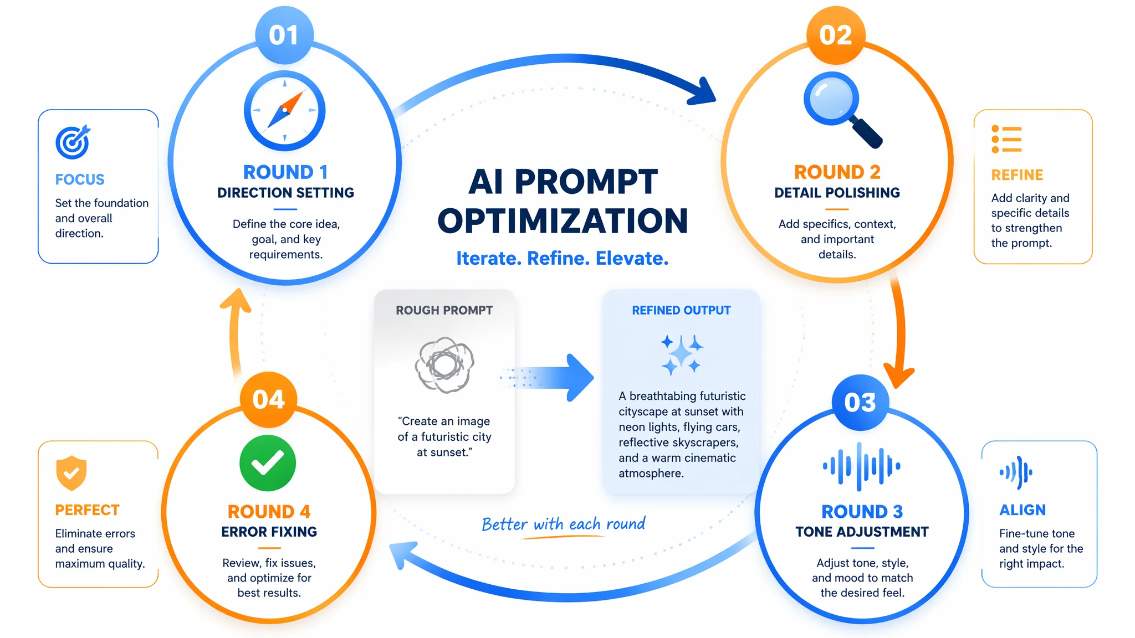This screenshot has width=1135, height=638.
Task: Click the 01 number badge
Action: (284, 35)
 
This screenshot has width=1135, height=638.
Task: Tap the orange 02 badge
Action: (835, 35)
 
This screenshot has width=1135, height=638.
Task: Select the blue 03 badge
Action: (860, 402)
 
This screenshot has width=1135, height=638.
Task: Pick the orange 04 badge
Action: (269, 399)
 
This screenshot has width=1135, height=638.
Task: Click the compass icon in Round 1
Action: (285, 111)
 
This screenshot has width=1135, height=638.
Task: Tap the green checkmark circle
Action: (268, 463)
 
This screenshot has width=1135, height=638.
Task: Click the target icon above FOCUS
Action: (73, 142)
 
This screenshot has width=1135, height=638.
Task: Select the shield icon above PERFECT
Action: (71, 473)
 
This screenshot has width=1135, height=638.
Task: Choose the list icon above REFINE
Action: (1006, 139)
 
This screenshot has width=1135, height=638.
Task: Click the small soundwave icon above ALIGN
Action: (1016, 472)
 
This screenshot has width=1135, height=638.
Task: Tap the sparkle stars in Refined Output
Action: (681, 354)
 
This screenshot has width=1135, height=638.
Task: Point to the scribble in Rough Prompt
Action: (444, 364)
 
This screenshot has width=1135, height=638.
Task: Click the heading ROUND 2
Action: (837, 172)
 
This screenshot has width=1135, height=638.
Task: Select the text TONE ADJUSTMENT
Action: (862, 532)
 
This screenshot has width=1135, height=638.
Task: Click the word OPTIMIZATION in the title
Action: (563, 220)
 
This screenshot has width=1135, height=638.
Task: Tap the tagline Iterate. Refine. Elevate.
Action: (563, 258)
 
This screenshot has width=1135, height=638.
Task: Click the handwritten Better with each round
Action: (564, 524)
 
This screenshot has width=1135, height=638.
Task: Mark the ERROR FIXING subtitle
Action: (269, 532)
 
